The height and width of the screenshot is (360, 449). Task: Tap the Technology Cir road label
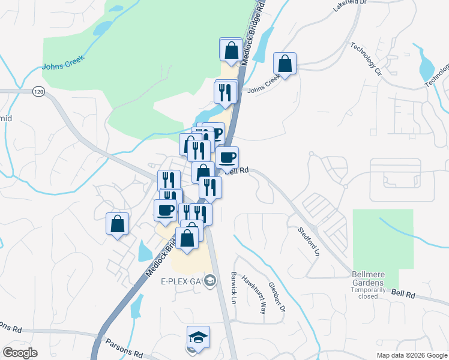pos(366,57)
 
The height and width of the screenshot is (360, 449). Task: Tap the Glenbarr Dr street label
pos(277,297)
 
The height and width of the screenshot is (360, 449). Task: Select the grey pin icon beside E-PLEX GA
pos(210,280)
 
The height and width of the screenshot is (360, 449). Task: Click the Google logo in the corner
pos(20,352)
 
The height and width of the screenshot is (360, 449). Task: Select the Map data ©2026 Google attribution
pos(411,355)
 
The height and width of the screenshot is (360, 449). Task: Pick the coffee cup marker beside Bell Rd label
pos(227,158)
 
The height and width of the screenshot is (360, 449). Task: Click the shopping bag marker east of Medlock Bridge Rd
pos(285,64)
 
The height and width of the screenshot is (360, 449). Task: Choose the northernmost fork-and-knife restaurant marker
pos(226,92)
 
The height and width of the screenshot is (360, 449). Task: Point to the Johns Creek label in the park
pos(62,62)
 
